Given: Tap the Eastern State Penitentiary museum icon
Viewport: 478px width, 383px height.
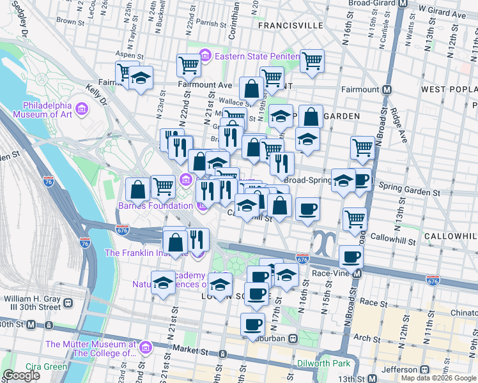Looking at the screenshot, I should [205, 56].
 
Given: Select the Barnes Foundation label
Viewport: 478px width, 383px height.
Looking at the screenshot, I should [155, 206].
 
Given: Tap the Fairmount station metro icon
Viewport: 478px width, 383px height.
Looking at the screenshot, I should [387, 90].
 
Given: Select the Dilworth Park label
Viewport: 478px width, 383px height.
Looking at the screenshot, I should [324, 364].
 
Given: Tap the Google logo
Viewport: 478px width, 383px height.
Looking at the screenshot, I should [22, 375].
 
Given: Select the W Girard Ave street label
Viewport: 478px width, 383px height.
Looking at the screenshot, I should [442, 13].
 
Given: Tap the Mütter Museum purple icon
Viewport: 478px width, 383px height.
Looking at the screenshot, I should [146, 348].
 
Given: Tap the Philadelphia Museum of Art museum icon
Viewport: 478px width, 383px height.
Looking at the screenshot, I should [81, 110].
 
